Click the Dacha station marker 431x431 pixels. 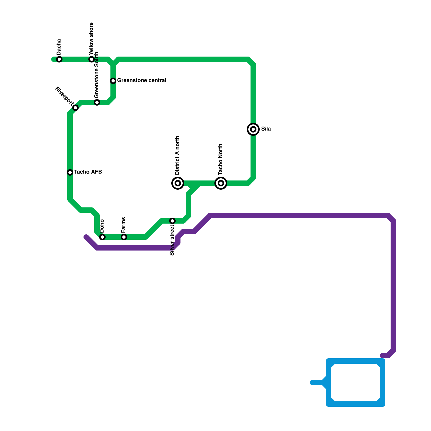[x=59, y=59]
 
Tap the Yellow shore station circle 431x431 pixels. [x=92, y=59]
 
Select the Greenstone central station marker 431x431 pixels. [x=113, y=81]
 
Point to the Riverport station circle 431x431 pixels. [x=75, y=108]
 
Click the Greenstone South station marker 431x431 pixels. [x=97, y=102]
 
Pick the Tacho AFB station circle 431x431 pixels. [x=70, y=172]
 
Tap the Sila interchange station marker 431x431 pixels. [x=253, y=129]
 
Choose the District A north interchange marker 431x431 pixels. [x=178, y=183]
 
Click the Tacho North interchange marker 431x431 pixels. [x=221, y=183]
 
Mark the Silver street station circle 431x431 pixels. [x=172, y=221]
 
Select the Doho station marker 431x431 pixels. [x=102, y=237]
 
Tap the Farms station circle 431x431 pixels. [x=124, y=237]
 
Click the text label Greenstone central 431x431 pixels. [x=142, y=81]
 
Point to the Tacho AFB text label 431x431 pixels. [x=88, y=172]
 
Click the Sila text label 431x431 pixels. [x=266, y=129]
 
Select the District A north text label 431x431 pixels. [x=177, y=155]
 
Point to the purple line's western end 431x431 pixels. [x=86, y=237]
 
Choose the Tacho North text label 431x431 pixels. [x=221, y=159]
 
